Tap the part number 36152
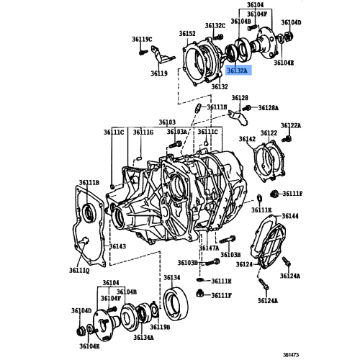point(187,34)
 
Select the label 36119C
point(142,39)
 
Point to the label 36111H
point(217,107)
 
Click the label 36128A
point(269,108)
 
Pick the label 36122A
point(291,125)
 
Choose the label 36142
point(247,139)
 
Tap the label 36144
point(290,216)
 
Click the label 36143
point(117,246)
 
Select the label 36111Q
point(79,271)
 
